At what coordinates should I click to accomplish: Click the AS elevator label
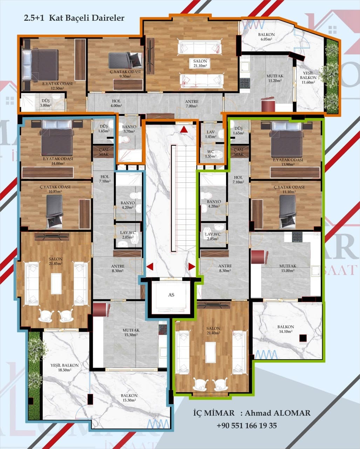pyautogui.click(x=171, y=295)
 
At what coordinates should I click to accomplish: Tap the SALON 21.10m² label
pyautogui.click(x=200, y=63)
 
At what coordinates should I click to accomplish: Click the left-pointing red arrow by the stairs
pyautogui.click(x=150, y=267)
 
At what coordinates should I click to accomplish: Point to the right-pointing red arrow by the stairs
pyautogui.click(x=192, y=267)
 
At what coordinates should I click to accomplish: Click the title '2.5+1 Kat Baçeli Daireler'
pyautogui.click(x=74, y=18)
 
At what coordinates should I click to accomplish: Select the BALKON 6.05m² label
pyautogui.click(x=266, y=37)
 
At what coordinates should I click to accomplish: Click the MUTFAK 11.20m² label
pyautogui.click(x=275, y=78)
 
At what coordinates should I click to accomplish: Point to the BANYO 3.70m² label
pyautogui.click(x=129, y=129)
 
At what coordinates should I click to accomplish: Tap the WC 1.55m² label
pyautogui.click(x=211, y=154)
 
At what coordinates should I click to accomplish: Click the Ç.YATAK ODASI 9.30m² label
pyautogui.click(x=125, y=74)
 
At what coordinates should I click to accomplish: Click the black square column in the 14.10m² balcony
pyautogui.click(x=303, y=338)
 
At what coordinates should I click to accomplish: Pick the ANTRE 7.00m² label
pyautogui.click(x=192, y=104)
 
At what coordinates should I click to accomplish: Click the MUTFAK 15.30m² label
pyautogui.click(x=131, y=333)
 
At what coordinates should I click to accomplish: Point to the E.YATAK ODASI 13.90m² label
pyautogui.click(x=288, y=162)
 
